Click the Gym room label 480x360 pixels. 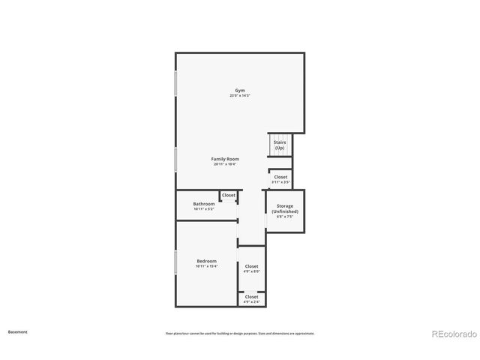pos(240,90)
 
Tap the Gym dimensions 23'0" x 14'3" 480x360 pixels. pos(240,95)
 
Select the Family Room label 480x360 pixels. pos(225,159)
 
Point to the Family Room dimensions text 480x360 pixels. pos(225,164)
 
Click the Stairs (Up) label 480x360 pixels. pos(280,145)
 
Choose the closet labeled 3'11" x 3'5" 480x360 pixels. pos(280,179)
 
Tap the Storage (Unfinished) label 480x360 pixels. pos(285,208)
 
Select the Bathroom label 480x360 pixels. pos(204,203)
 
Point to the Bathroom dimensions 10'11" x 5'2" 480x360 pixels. pos(204,208)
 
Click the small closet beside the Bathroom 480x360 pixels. pos(229,195)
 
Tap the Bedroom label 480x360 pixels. pos(206,261)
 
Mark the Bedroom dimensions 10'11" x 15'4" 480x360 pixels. pos(206,266)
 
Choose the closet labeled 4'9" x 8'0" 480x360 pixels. pos(251,268)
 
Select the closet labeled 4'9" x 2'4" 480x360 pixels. pos(251,298)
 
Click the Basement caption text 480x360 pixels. pos(17,331)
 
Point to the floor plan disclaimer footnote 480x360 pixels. pos(240,333)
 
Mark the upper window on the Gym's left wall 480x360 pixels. pos(176,83)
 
